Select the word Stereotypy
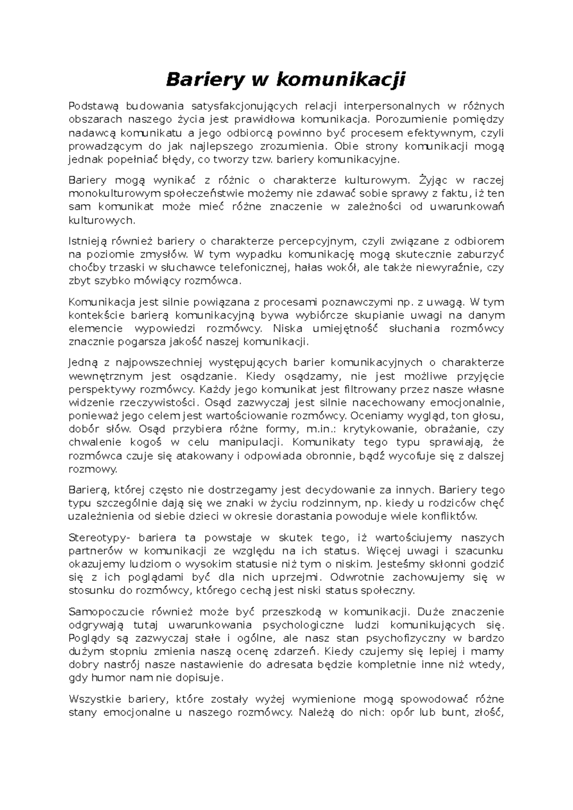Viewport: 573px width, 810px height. tap(97, 538)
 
